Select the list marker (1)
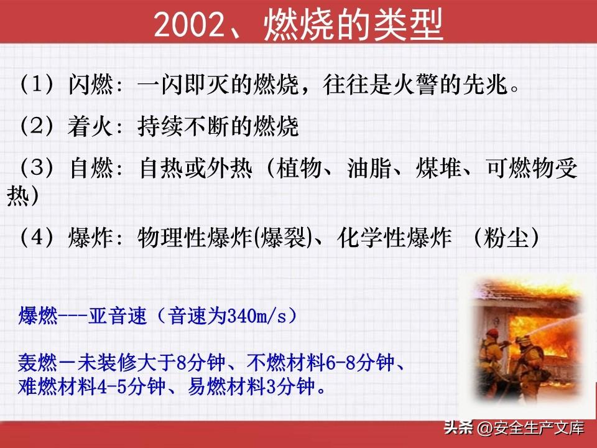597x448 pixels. click(36, 84)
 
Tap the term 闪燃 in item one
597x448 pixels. click(91, 84)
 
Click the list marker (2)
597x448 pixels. click(36, 126)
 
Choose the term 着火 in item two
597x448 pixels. click(91, 126)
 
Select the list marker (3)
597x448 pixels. click(36, 168)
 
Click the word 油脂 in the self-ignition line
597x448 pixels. click(369, 168)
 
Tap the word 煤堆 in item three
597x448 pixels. click(438, 168)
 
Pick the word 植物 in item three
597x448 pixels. click(300, 168)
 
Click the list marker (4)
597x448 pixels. click(36, 237)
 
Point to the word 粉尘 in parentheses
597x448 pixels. click(506, 237)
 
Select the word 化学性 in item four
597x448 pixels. click(372, 237)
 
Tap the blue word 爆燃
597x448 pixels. click(38, 316)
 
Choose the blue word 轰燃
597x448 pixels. click(38, 362)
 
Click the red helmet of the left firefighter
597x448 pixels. click(492, 332)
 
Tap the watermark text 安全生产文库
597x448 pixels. click(539, 428)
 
